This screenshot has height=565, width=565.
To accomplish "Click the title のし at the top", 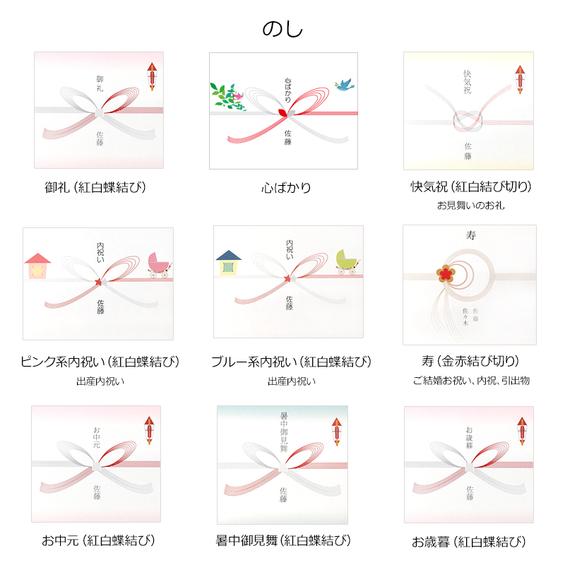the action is pyautogui.click(x=282, y=28).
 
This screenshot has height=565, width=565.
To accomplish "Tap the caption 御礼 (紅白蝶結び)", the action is pyautogui.click(x=99, y=188).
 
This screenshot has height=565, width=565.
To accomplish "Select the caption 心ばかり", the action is pyautogui.click(x=286, y=188).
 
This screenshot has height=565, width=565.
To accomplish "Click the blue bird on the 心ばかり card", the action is pyautogui.click(x=345, y=85).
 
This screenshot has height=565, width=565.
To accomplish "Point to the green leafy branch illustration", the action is pyautogui.click(x=226, y=96).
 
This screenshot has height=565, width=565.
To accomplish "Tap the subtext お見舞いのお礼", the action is pyautogui.click(x=470, y=206).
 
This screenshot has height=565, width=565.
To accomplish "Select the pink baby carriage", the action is pyautogui.click(x=159, y=264).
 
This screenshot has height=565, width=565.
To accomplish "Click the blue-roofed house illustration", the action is pyautogui.click(x=228, y=262).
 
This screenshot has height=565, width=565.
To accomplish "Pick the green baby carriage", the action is pyautogui.click(x=348, y=262).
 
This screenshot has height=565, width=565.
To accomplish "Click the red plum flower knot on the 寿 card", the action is pyautogui.click(x=444, y=272).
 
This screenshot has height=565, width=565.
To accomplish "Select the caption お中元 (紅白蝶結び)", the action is pyautogui.click(x=98, y=542).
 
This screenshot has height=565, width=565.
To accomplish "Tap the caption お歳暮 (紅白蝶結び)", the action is pyautogui.click(x=469, y=542).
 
